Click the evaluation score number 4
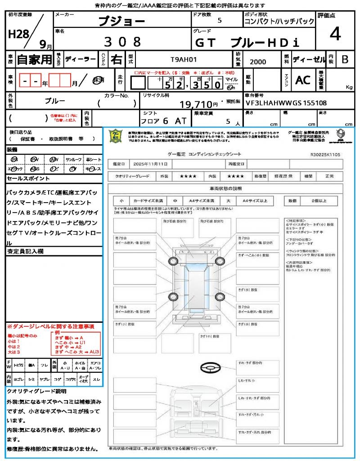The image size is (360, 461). pyautogui.click(x=335, y=34)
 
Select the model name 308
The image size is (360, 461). pyautogui.click(x=122, y=42)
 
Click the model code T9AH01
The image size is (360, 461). pyautogui.click(x=183, y=59)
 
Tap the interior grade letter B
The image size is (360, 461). pyautogui.click(x=345, y=59)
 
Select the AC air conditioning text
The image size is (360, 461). pyautogui.click(x=303, y=80)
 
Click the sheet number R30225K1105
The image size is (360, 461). pyautogui.click(x=325, y=154)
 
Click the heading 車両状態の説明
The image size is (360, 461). pyautogui.click(x=225, y=188)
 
